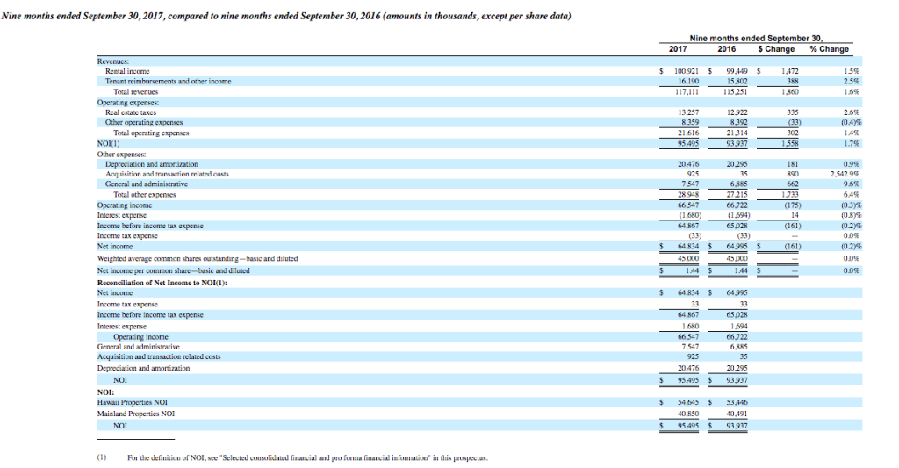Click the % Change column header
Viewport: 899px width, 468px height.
[x=828, y=49]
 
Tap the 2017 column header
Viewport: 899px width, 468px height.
[x=678, y=49]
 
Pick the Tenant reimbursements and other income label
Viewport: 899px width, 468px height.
[x=168, y=81]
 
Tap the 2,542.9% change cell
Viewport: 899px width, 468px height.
[x=832, y=175]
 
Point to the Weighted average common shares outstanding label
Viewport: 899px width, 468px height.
[x=197, y=258]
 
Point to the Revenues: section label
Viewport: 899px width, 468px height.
[x=112, y=61]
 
